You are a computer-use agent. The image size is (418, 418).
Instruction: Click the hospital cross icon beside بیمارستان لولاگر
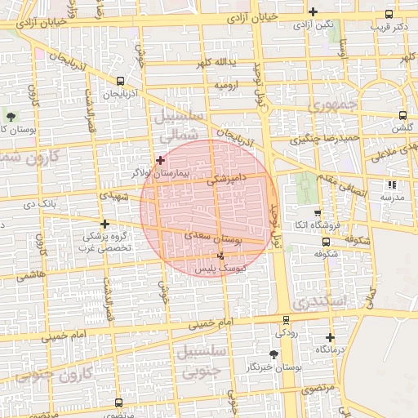pos(161,160)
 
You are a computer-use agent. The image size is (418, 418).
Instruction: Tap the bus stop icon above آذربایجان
pos(121,81)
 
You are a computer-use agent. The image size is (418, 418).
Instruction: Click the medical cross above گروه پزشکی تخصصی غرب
pos(104,223)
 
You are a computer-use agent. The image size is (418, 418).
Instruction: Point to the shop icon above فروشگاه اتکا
pos(325,211)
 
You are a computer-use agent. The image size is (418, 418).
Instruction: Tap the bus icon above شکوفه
pos(326,242)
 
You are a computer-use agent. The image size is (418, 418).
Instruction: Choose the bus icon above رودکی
pos(285,321)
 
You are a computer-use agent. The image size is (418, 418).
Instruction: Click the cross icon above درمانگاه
pos(330,337)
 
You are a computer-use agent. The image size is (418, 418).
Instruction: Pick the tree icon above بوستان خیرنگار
pos(273,354)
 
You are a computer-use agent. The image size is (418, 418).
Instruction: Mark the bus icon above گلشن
pos(402,116)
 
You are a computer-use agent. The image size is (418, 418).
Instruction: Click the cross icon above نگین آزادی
pos(313,11)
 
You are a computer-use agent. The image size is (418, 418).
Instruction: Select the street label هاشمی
pos(30,275)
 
